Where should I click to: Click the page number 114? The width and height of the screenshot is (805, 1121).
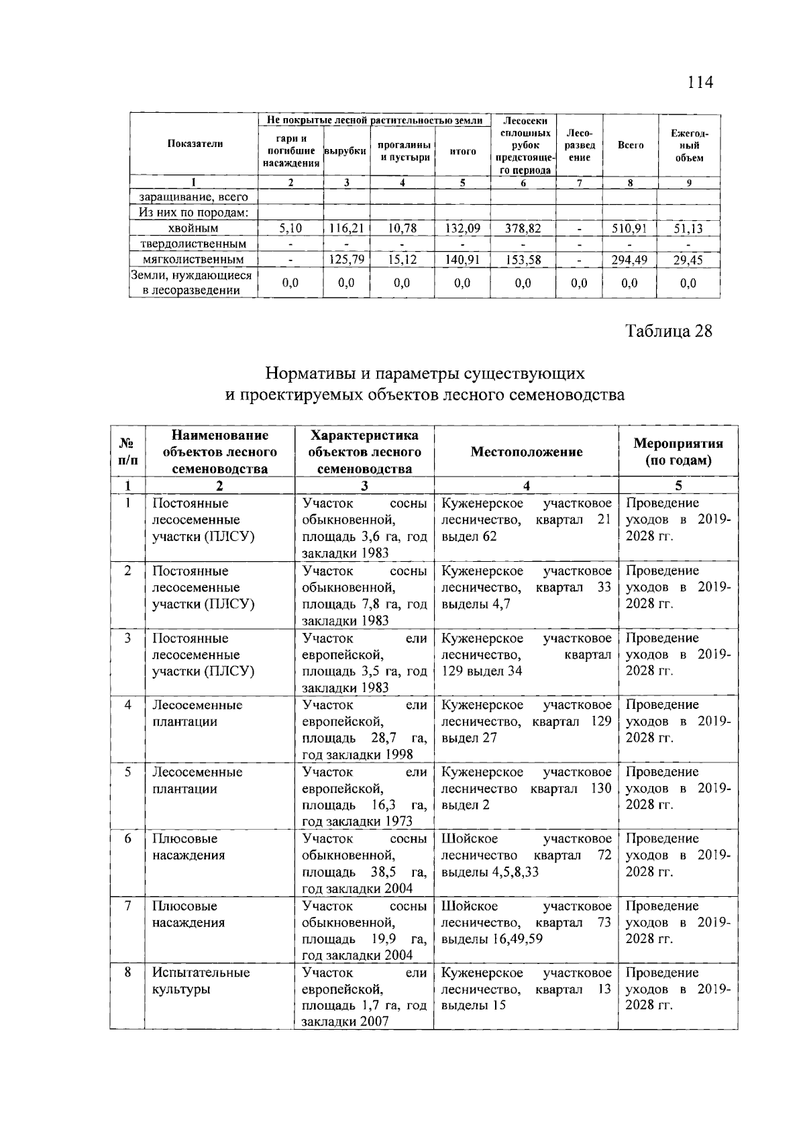tap(700, 83)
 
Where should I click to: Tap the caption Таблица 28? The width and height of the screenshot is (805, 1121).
tap(667, 331)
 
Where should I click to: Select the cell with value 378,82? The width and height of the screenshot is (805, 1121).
tap(523, 229)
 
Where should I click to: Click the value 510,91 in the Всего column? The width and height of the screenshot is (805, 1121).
tap(629, 229)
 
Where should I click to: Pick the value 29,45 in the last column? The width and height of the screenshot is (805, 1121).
tap(688, 259)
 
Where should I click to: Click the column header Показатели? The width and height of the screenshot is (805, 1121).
tap(195, 144)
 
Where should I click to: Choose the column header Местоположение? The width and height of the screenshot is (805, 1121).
tap(526, 452)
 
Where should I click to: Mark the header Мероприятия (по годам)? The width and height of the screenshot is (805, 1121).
tap(678, 452)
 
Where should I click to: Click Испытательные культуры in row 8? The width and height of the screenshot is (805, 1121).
tap(201, 981)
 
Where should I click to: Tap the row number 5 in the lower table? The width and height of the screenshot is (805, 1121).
tap(127, 772)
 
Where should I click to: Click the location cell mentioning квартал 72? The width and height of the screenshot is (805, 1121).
tap(526, 855)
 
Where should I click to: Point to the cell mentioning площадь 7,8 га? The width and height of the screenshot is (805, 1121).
tap(364, 596)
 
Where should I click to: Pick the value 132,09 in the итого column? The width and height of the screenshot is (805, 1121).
tap(462, 229)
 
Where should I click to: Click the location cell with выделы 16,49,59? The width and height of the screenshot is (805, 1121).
tap(526, 922)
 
